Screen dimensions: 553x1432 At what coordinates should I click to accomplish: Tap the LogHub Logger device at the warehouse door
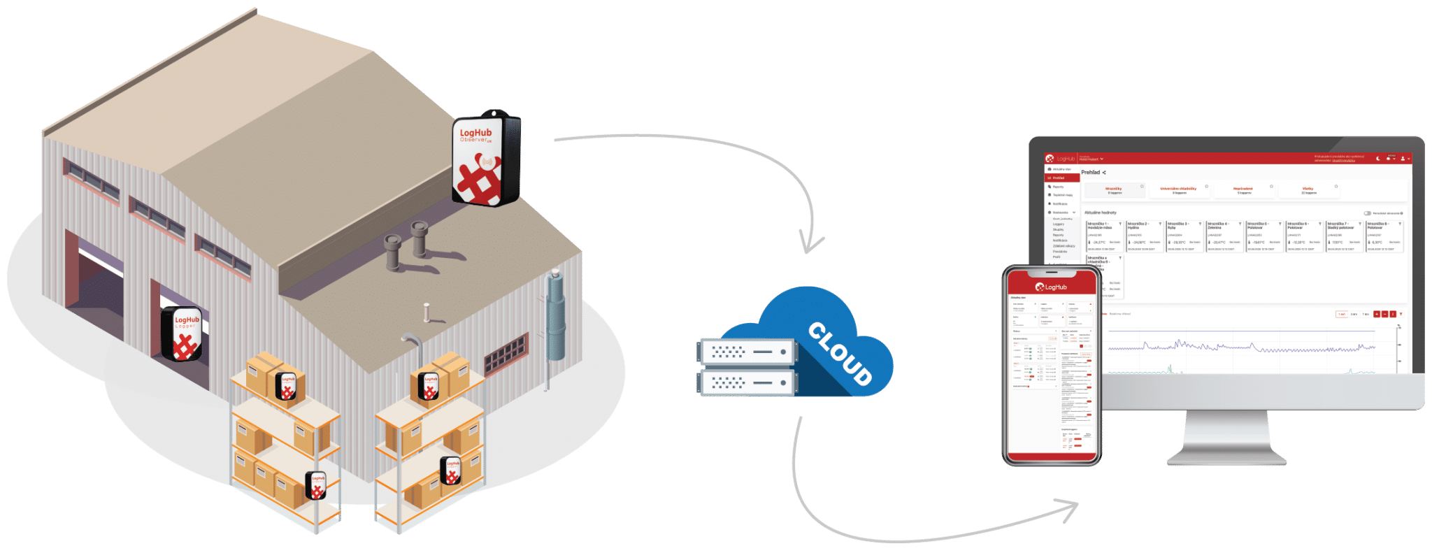pos(183,333)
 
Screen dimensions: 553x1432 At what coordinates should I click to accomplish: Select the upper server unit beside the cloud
pos(747,352)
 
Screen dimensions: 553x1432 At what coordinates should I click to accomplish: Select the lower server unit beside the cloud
pos(746,382)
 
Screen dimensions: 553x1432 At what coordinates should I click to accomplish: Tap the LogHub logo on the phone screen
pos(1051,287)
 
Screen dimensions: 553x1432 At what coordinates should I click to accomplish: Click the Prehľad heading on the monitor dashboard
pos(1091,172)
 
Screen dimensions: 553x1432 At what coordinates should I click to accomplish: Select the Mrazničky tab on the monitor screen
pos(1113,189)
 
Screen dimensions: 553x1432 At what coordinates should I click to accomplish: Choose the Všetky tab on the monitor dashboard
pos(1308,189)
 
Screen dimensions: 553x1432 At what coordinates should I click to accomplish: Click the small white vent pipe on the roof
pos(427,312)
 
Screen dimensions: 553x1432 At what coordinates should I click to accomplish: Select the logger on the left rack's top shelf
pos(287,386)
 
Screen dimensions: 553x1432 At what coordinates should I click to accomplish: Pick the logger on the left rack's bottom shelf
pos(317,485)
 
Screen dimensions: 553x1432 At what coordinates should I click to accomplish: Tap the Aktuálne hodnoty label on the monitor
pos(1101,213)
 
